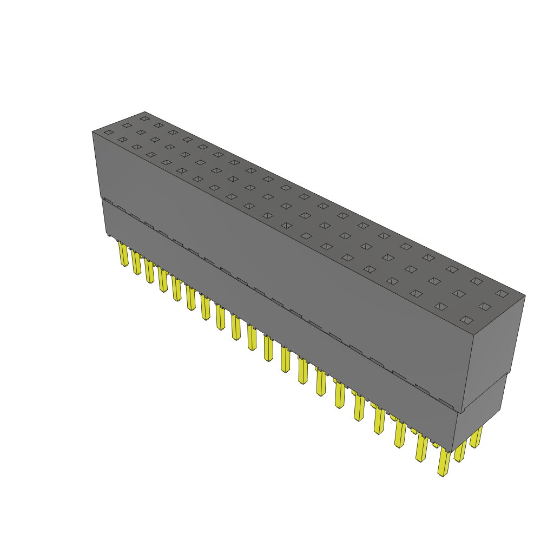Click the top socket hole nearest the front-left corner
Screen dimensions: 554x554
[x=109, y=133]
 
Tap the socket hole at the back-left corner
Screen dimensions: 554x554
[x=144, y=118]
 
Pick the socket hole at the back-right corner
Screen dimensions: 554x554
[x=502, y=293]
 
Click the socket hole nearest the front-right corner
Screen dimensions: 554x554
[x=466, y=320]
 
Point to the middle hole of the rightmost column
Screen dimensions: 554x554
[x=484, y=306]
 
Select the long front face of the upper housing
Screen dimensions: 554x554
[x=271, y=243]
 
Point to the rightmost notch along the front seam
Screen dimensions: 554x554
[x=446, y=403]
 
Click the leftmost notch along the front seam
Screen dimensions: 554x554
[x=108, y=201]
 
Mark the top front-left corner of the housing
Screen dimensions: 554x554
[x=93, y=132]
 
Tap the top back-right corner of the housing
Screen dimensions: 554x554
[x=525, y=295]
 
